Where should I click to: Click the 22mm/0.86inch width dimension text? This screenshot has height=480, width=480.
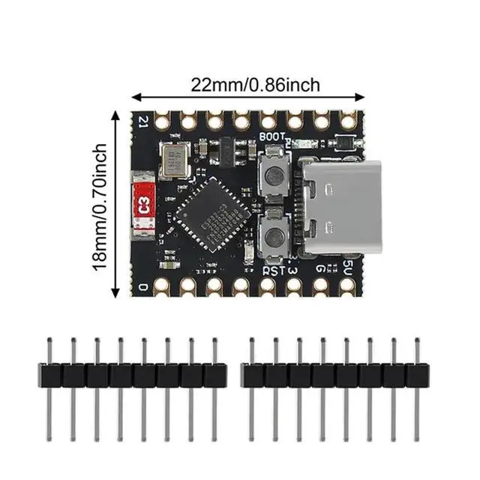click(x=255, y=85)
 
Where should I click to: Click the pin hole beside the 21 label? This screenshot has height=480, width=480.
click(x=161, y=120)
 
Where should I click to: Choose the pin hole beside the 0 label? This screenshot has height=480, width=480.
click(x=161, y=285)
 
